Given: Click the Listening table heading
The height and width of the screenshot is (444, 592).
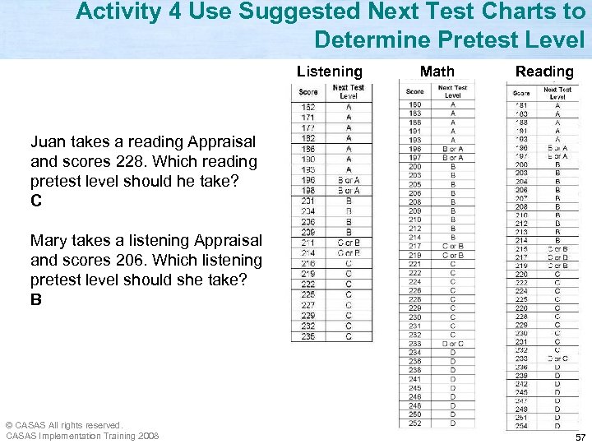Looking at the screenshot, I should click(x=329, y=72).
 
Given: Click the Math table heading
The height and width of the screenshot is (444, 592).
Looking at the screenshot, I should click(x=437, y=72).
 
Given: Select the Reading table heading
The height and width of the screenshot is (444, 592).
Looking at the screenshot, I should click(x=544, y=72).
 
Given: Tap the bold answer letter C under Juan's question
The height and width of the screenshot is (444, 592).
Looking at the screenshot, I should click(x=35, y=201).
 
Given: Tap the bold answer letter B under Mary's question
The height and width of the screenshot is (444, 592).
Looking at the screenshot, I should click(x=35, y=300).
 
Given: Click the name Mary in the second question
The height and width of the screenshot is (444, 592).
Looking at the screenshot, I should click(x=50, y=241).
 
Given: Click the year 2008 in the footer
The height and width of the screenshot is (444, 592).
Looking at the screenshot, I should click(x=149, y=436).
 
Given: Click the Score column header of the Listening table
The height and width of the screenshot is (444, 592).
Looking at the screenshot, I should click(x=308, y=92).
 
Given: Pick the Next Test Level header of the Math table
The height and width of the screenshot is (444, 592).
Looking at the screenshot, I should click(x=452, y=91).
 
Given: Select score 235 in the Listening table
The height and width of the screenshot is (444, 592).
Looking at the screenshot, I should click(x=308, y=336).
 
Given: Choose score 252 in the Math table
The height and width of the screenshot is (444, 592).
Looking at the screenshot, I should click(x=415, y=423).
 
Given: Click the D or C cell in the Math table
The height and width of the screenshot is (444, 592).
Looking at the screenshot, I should click(x=452, y=344).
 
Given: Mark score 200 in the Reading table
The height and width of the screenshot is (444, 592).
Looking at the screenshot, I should click(x=522, y=164).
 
